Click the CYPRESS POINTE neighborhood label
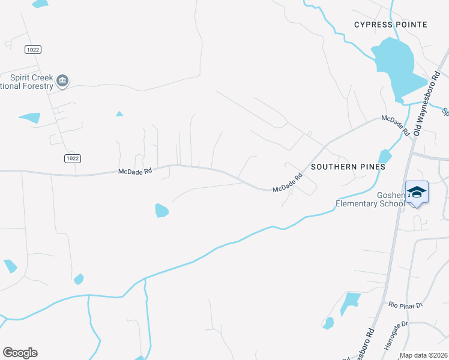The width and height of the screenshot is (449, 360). coord(391,25)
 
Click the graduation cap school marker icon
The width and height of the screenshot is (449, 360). coord(417,193)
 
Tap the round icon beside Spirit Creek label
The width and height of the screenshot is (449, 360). coord(62,80)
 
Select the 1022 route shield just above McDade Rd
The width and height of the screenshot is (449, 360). coord(72,158)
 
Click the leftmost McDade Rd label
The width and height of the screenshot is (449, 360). coord(135,171)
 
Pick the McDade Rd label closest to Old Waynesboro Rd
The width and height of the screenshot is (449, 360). coord(398,125)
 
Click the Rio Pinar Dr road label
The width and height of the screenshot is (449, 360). coord(406,305)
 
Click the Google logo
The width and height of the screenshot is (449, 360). coord(20,353)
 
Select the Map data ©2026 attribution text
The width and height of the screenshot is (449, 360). coord(424,355)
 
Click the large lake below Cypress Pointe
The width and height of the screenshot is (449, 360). coord(396,66)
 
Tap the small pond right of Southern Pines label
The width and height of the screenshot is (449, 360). coord(385,157)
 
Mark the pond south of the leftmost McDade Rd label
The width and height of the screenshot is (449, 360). coord(161,211)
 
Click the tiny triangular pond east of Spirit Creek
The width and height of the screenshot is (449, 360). coord(119,113)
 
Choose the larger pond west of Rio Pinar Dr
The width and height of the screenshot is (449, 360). coord(351,301)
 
